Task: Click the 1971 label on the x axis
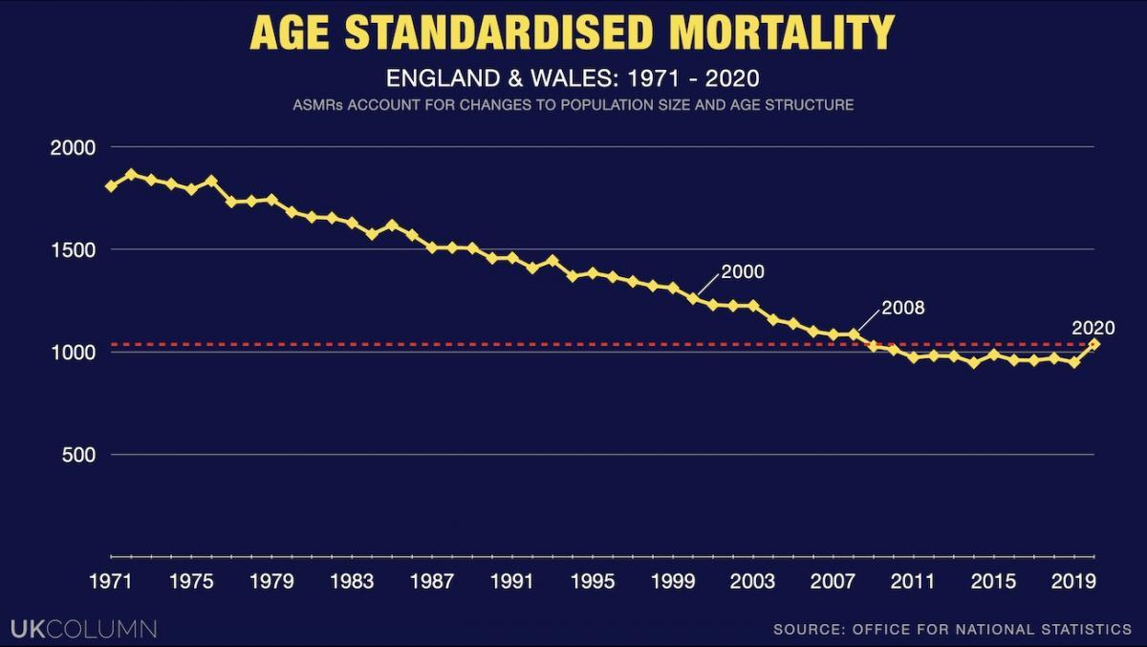point(111,581)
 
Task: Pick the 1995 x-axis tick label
point(593,581)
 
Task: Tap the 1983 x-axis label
point(352,581)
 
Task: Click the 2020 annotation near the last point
point(1093,328)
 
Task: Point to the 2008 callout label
point(903,308)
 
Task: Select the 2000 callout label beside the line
point(743,271)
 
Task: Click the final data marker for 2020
point(1094,344)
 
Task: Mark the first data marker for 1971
point(111,186)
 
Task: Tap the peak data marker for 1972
point(131,175)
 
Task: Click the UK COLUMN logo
point(83,629)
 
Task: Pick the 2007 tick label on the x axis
point(833,581)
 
